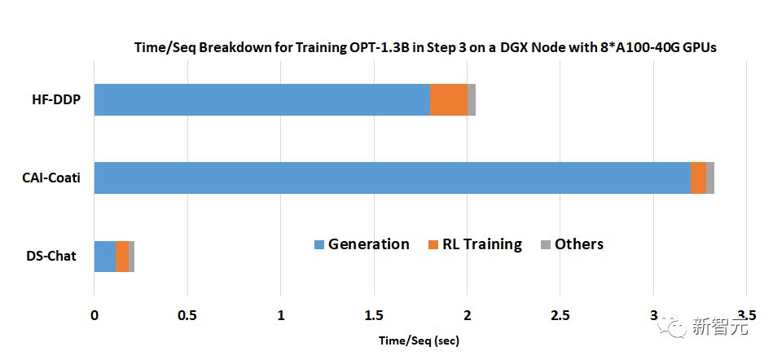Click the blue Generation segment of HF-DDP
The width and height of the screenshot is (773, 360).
click(261, 99)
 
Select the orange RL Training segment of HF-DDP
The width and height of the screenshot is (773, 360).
click(448, 99)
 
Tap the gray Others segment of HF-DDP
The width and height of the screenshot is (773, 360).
click(472, 99)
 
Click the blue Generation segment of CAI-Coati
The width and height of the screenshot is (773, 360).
click(392, 178)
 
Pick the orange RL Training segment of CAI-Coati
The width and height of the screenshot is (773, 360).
click(698, 178)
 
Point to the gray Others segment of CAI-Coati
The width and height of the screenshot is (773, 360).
click(710, 178)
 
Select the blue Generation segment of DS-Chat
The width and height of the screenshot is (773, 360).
click(105, 256)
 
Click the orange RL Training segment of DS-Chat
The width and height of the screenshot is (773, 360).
click(122, 256)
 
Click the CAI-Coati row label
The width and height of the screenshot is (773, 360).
click(51, 178)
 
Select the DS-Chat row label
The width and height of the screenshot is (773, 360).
click(51, 257)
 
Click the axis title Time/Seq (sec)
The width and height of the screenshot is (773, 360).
click(419, 339)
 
